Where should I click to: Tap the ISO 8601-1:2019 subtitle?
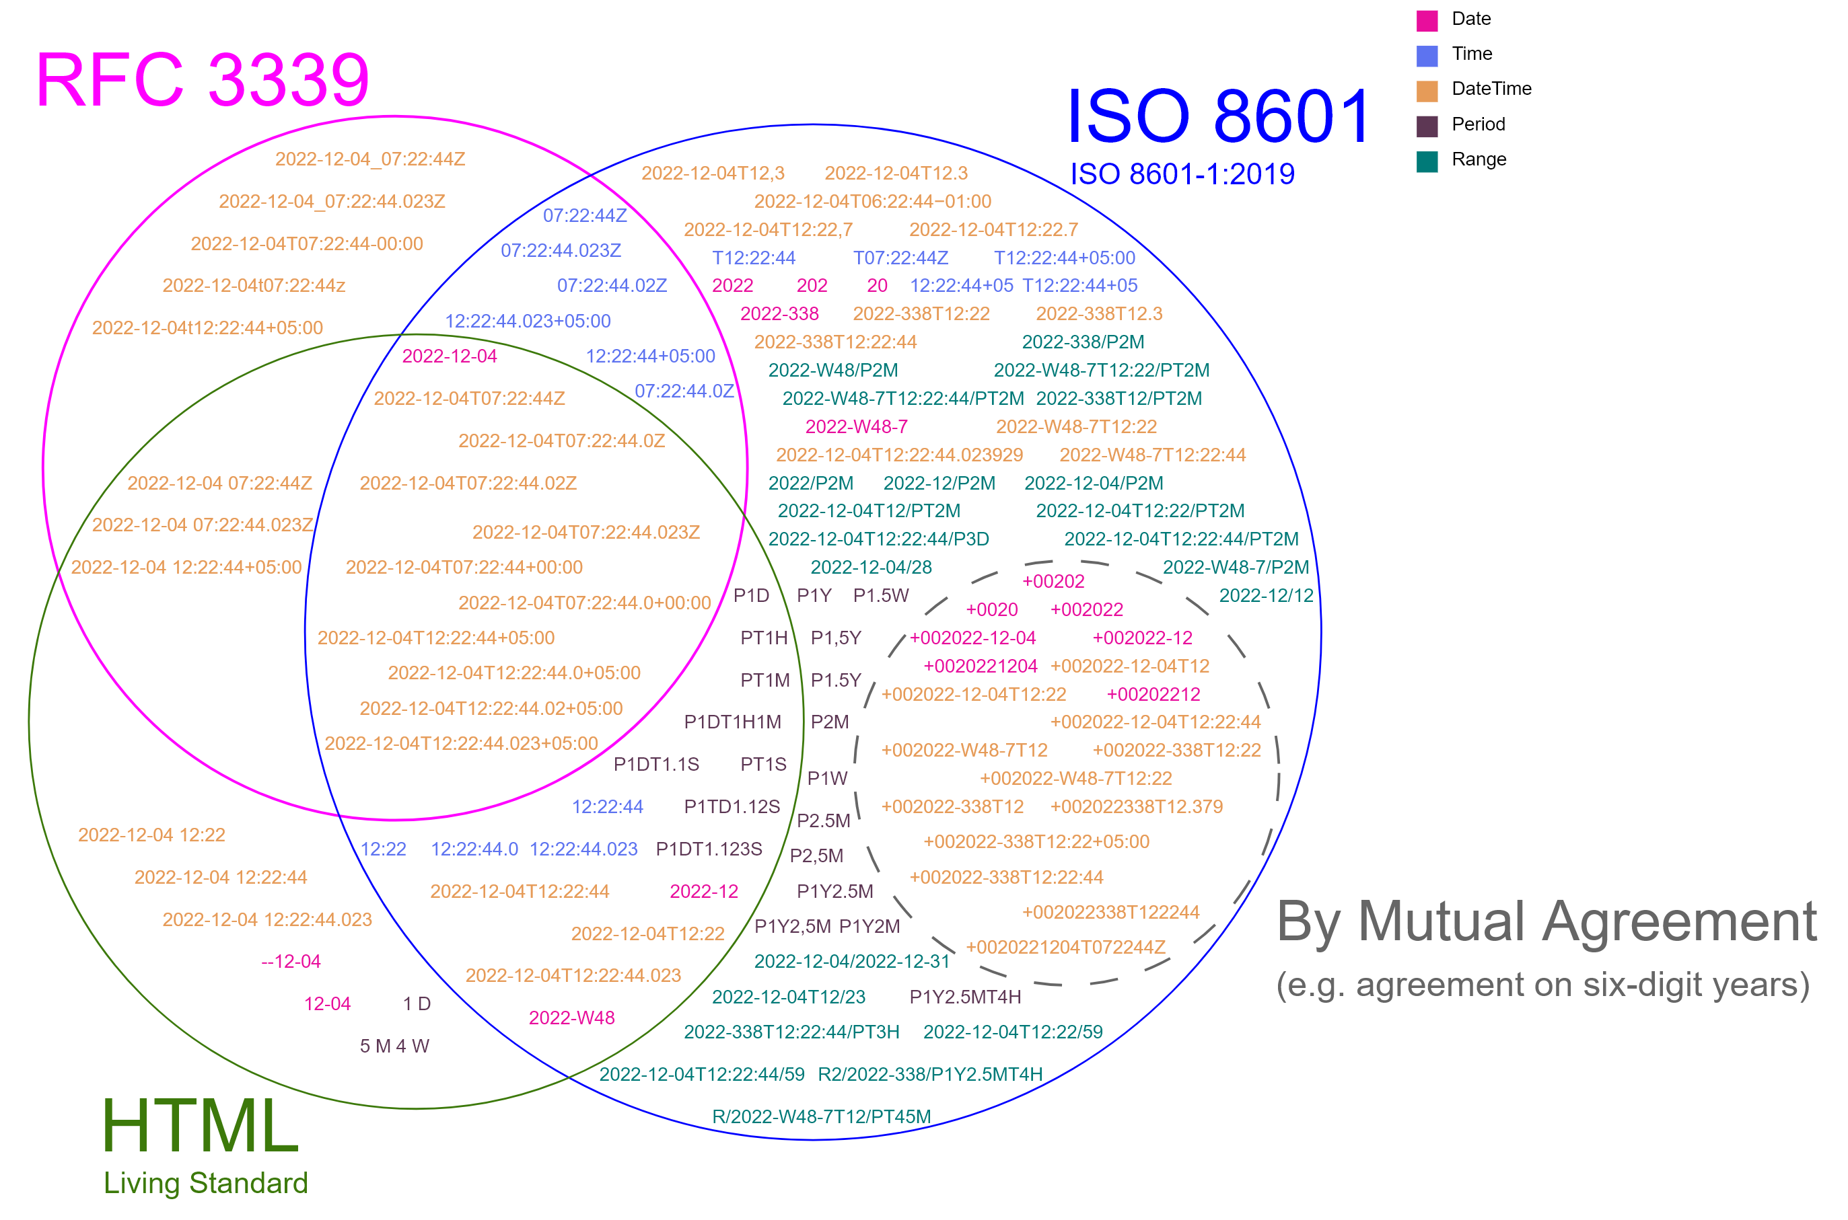point(1182,174)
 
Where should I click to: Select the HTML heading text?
point(200,1125)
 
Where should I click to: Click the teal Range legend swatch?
point(1426,160)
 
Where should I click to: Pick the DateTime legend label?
point(1491,89)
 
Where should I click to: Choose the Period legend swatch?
point(1426,125)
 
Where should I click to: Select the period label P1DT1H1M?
point(732,722)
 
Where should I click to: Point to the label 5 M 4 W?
point(394,1046)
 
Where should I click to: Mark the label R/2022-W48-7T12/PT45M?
point(821,1116)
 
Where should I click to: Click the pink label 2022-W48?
point(571,1018)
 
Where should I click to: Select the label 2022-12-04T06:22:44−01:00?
point(872,202)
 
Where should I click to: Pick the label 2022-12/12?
point(1266,595)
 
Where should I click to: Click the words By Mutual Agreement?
point(1546,921)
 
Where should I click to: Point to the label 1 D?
point(417,1003)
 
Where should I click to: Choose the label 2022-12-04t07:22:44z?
point(254,286)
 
